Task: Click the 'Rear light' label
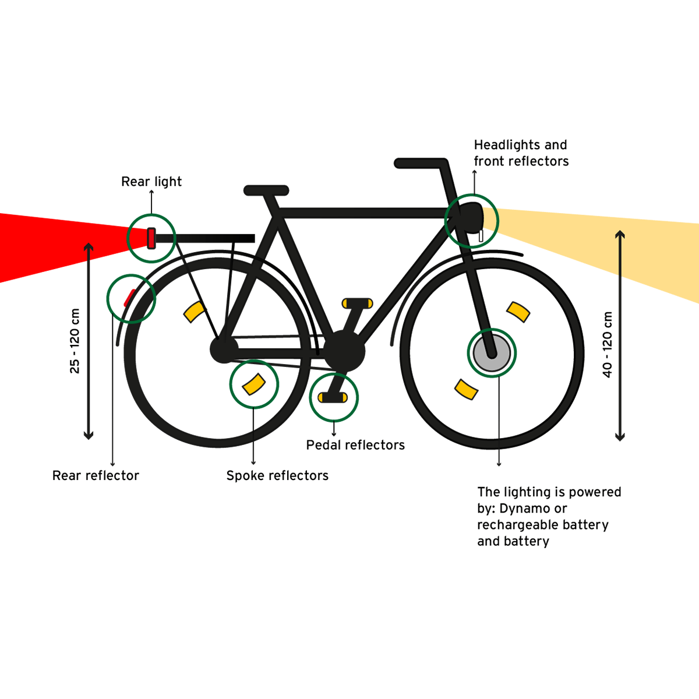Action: tap(151, 182)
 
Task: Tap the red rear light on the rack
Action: tap(151, 238)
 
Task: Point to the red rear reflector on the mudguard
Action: tap(129, 298)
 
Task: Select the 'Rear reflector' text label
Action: tap(96, 476)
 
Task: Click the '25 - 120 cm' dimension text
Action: tap(75, 341)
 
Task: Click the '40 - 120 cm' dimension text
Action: tap(608, 345)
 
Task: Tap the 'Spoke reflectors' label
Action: tap(277, 476)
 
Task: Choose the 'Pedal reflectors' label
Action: tap(355, 445)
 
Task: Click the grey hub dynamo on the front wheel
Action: tap(491, 353)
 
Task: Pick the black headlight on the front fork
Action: tap(472, 217)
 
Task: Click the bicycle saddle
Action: tap(266, 190)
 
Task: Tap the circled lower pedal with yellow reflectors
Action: tap(333, 398)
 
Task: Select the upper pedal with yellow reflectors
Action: tap(357, 303)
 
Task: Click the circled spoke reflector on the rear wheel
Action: tap(253, 384)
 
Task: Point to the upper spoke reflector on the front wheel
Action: tap(518, 312)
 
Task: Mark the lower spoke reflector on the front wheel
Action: tap(466, 390)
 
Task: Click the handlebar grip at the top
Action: tap(421, 163)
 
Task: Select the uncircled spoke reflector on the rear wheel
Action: tap(194, 312)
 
